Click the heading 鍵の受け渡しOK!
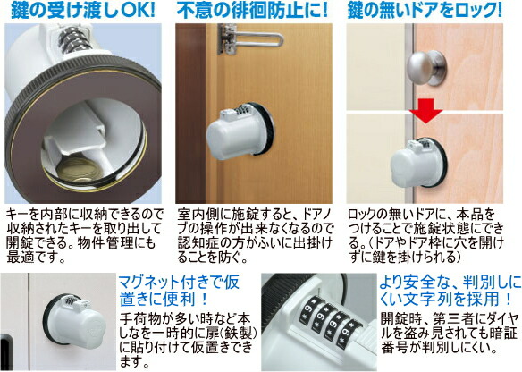coord(83,12)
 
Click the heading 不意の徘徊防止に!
coord(256,12)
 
